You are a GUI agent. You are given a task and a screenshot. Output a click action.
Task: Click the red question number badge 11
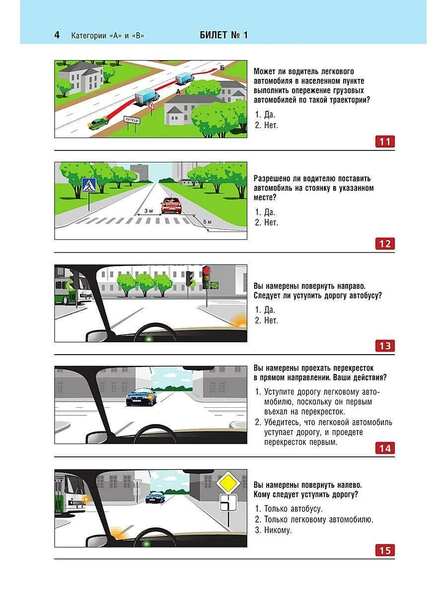[385, 142]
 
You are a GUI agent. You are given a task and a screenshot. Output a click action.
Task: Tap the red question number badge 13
[385, 346]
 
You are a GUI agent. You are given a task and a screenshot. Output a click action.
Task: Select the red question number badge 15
[385, 550]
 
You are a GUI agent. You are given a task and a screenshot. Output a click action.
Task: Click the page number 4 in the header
[57, 35]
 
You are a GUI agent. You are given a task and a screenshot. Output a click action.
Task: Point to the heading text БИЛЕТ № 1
[223, 35]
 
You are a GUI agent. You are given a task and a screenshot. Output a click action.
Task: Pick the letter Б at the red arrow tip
[222, 68]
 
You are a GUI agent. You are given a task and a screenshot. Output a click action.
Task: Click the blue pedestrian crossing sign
[89, 186]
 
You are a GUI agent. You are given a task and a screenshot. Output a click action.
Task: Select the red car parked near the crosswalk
[171, 205]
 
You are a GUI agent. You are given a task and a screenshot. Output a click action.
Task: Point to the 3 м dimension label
[149, 211]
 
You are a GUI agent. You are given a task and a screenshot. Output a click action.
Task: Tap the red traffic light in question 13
[206, 271]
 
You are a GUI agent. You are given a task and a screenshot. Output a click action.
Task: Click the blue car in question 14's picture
[142, 396]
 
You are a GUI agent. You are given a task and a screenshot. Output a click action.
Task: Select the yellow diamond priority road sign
[228, 482]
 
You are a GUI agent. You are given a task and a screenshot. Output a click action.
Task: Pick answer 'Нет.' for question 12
[271, 223]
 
